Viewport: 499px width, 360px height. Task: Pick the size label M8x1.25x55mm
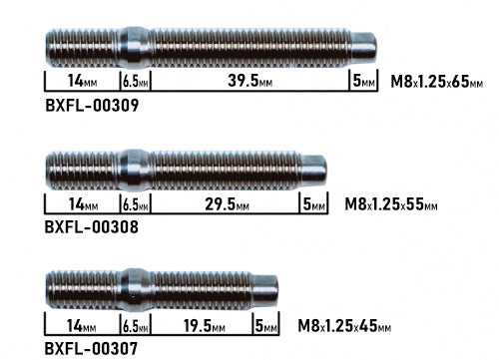[x=391, y=204]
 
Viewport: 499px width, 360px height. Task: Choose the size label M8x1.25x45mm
[x=344, y=326]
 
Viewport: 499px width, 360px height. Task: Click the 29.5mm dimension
[x=224, y=204]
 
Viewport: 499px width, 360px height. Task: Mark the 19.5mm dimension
[x=200, y=326]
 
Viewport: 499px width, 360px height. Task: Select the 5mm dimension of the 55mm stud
[x=314, y=204]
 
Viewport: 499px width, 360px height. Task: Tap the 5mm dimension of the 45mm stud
[x=266, y=326]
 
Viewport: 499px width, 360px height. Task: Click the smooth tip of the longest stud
[x=364, y=46]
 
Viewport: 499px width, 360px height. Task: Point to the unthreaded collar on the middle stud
[x=135, y=168]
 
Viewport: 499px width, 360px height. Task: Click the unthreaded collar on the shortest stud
[x=135, y=288]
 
